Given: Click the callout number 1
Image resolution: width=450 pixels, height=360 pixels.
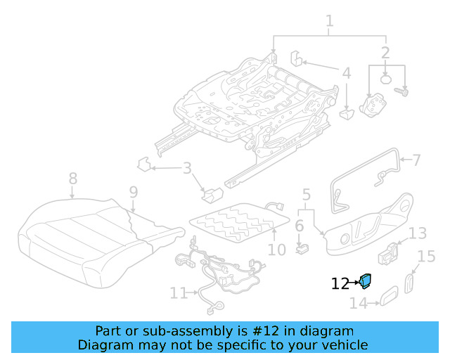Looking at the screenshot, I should pyautogui.click(x=329, y=25).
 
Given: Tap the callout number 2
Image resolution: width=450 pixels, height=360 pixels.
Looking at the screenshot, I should pyautogui.click(x=385, y=53).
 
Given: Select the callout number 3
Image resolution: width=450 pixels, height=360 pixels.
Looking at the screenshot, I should pyautogui.click(x=187, y=168).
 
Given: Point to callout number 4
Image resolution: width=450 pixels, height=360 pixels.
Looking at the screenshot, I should pyautogui.click(x=347, y=72).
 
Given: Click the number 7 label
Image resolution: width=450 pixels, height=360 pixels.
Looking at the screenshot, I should pyautogui.click(x=416, y=160).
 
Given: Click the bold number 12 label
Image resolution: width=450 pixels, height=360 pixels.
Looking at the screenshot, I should pyautogui.click(x=340, y=284).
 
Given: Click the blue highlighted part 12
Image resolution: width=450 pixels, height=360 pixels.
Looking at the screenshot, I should pyautogui.click(x=366, y=281).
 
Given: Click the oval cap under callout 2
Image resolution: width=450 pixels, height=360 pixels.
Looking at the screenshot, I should pyautogui.click(x=385, y=79).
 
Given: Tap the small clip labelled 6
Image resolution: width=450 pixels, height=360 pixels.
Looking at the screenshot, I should pyautogui.click(x=303, y=247).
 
